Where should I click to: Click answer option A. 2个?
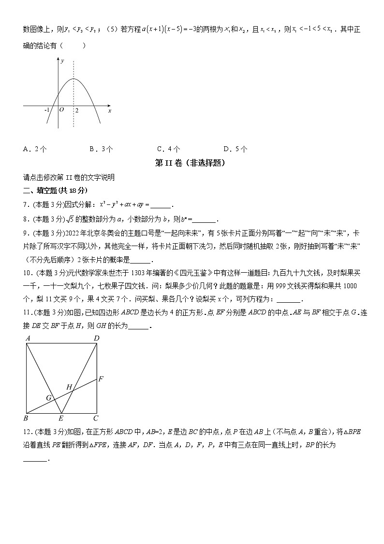pyautogui.click(x=35, y=149)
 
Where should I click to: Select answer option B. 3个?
pyautogui.click(x=102, y=149)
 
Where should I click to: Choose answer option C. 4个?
pyautogui.click(x=169, y=149)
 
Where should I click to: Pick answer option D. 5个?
pyautogui.click(x=236, y=149)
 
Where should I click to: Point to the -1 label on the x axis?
pyautogui.click(x=47, y=110)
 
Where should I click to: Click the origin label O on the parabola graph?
pyautogui.click(x=61, y=110)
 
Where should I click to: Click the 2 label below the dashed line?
pyautogui.click(x=77, y=111)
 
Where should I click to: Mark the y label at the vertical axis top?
pyautogui.click(x=62, y=60)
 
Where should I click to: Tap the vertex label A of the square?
pyautogui.click(x=29, y=338)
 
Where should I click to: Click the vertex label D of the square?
pyautogui.click(x=97, y=338)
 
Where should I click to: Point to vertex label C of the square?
pyautogui.click(x=96, y=418)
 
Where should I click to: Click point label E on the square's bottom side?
pyautogui.click(x=60, y=418)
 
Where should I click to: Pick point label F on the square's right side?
pyautogui.click(x=101, y=378)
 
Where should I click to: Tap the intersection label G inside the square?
pyautogui.click(x=49, y=398)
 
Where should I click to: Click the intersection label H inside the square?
pyautogui.click(x=69, y=387)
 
